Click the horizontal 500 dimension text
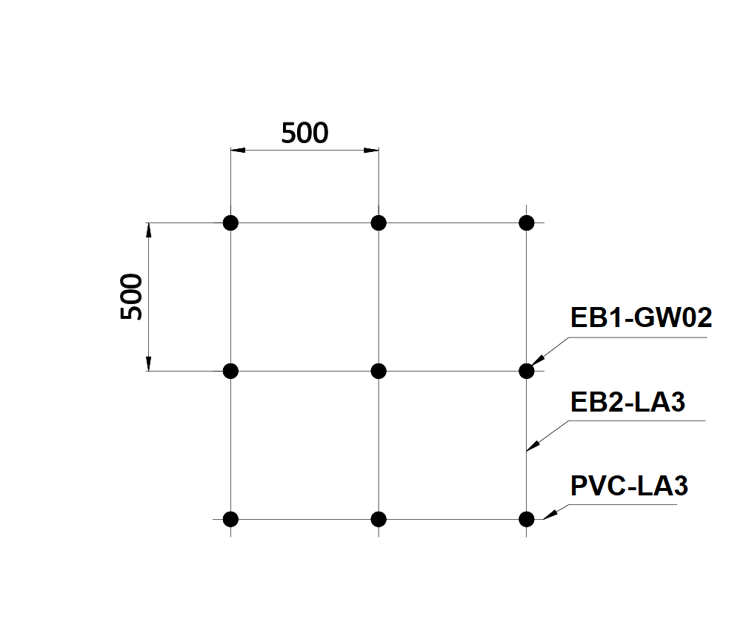coord(304,133)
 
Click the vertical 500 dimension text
coord(132,297)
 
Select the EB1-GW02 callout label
coord(641,318)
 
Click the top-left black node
coord(230,222)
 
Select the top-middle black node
coord(379,222)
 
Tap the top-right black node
coord(527,222)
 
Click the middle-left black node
coord(230,371)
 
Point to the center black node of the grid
coord(379,371)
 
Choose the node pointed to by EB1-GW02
coord(527,370)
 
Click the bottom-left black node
coord(230,519)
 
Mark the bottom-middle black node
coord(379,519)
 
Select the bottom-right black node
coord(527,519)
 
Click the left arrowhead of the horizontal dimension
coord(237,151)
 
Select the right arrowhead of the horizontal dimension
coord(372,151)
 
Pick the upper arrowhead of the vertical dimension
coord(148,230)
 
